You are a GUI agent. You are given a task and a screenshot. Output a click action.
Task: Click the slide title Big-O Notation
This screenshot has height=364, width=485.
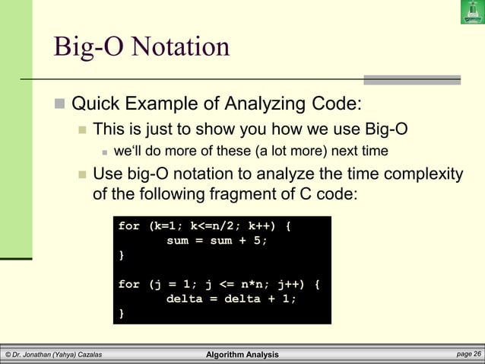[x=141, y=46]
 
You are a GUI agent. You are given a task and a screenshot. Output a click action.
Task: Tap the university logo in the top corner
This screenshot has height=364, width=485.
[x=472, y=12]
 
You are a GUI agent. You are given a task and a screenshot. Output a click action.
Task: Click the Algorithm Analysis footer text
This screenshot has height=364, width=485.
[x=242, y=355]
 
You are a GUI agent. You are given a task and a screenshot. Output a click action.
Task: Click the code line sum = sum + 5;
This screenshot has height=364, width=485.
[x=217, y=241]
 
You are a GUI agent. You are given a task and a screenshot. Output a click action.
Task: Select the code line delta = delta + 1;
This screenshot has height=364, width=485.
[x=231, y=299]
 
